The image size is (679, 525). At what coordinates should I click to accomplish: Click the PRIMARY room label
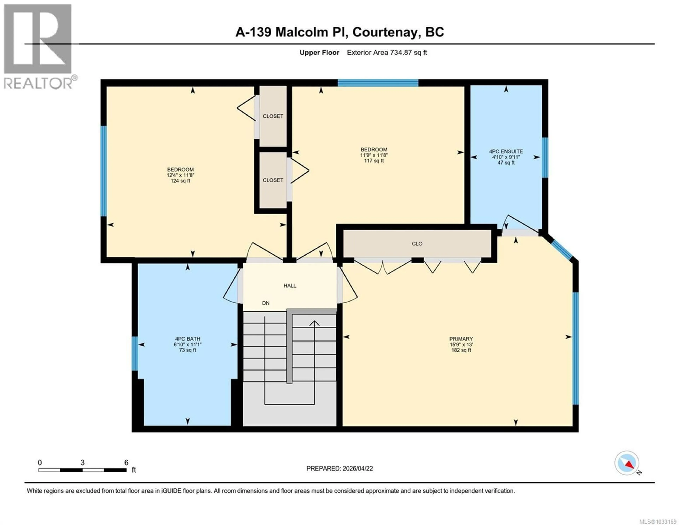coord(461,339)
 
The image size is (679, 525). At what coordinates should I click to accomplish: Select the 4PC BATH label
coord(187,339)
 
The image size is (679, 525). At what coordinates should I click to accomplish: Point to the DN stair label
coord(266,303)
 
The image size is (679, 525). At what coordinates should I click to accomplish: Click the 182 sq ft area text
coord(461,350)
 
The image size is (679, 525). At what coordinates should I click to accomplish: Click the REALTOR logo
coord(38,47)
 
